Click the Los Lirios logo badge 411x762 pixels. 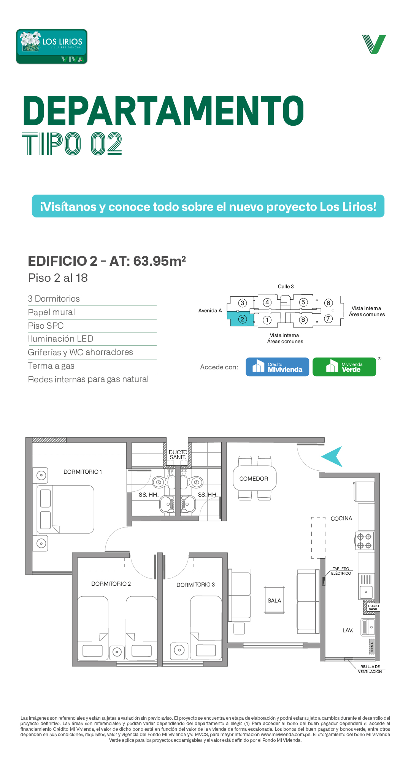tap(52, 46)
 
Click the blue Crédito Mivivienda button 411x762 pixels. tap(277, 367)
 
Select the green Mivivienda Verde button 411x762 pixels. tap(344, 367)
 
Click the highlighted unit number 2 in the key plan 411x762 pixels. tap(243, 319)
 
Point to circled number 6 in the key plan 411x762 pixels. tap(328, 303)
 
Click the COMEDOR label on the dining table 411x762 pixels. tap(254, 479)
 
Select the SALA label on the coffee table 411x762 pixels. tap(274, 601)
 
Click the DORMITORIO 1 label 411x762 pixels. tap(83, 472)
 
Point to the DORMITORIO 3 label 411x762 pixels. tap(195, 585)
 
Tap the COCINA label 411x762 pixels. tap(341, 518)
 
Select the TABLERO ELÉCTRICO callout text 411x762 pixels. tap(341, 571)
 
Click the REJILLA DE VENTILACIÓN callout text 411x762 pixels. tap(370, 669)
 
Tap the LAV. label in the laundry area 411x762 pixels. tap(348, 630)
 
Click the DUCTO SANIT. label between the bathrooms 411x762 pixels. tap(178, 455)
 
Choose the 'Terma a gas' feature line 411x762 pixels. tap(51, 366)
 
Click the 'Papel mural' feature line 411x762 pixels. tap(51, 312)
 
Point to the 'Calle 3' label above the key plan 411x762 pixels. tap(286, 286)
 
